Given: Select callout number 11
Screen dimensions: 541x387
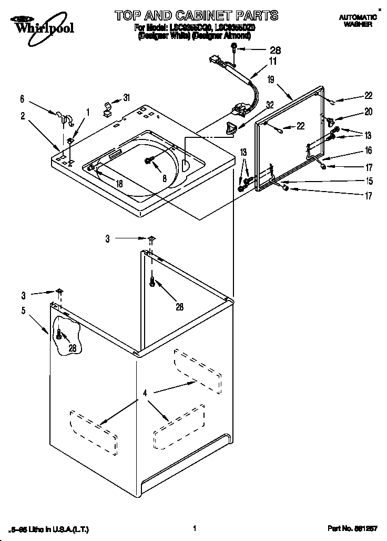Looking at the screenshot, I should pyautogui.click(x=273, y=62).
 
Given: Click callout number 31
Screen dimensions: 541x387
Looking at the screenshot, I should pyautogui.click(x=126, y=97).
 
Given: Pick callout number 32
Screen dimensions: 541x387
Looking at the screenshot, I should pyautogui.click(x=270, y=105).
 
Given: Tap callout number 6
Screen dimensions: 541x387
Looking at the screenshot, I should pyautogui.click(x=22, y=98).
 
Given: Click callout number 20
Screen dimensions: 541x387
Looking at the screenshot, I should pyautogui.click(x=368, y=112).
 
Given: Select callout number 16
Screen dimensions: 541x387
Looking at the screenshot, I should pyautogui.click(x=368, y=151).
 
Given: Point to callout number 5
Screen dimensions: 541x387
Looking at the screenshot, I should pyautogui.click(x=23, y=310).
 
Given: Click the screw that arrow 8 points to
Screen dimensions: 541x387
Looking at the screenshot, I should pyautogui.click(x=149, y=160).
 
